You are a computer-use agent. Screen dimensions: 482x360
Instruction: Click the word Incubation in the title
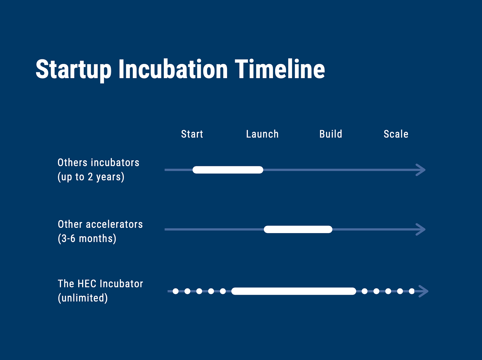173,69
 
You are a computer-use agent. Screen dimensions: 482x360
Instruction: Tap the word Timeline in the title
280,69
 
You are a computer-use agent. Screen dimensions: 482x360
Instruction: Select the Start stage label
192,134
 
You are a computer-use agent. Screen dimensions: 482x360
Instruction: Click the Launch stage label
262,134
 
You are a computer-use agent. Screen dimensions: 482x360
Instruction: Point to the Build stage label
331,134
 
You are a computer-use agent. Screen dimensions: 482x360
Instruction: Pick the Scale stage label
396,134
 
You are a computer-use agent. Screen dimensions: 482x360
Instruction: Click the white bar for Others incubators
228,170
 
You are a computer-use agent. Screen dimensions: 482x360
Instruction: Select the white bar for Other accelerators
298,229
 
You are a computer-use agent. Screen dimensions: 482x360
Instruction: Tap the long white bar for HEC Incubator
294,291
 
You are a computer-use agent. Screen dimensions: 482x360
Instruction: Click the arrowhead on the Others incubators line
421,170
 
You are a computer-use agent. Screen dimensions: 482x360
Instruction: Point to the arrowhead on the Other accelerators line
421,229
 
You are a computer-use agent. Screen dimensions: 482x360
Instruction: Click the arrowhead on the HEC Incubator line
424,291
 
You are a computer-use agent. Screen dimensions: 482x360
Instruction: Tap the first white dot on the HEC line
175,291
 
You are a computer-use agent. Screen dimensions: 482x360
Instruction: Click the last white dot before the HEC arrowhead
412,291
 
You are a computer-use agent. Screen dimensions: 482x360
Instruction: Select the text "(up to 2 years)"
91,177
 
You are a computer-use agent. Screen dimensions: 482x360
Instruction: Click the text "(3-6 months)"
87,238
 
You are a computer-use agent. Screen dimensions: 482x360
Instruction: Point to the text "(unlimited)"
83,298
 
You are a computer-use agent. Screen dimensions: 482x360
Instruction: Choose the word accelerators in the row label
114,224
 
